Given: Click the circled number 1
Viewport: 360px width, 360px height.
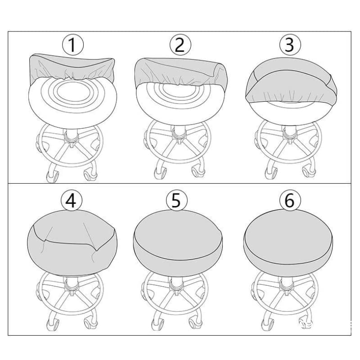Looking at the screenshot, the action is coord(73,45).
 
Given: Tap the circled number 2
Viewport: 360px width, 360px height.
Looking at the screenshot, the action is coord(180,45).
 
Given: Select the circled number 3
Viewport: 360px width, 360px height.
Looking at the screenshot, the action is coord(290,45).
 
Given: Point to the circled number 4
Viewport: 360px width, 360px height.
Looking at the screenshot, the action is coord(71,200).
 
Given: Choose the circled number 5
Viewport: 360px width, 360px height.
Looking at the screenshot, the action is coord(176,200).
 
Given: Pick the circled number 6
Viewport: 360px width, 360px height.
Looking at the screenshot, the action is coord(290,200).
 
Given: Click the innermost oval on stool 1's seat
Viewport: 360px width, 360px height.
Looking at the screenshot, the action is coord(72,92).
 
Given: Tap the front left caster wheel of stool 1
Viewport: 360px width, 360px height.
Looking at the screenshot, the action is coord(53,176).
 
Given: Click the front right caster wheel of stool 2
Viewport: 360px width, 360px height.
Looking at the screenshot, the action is coord(197,172).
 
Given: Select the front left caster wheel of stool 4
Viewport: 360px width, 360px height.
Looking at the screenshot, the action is coord(53,324).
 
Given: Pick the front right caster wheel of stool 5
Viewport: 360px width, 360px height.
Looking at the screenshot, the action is coord(195,321).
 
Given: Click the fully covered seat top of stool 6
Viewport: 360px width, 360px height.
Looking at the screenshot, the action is coord(288,237).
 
